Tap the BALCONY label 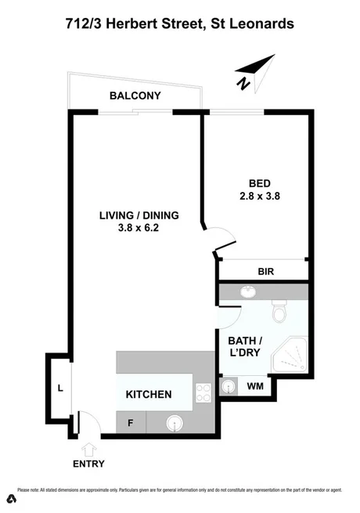(x=135, y=96)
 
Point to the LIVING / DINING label (x=139, y=215)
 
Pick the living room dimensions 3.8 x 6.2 (x=139, y=229)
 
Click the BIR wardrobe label (x=265, y=273)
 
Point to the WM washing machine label (x=254, y=386)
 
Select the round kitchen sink (x=173, y=423)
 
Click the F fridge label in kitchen (x=130, y=424)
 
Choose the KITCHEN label (x=149, y=395)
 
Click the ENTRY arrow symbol (x=88, y=449)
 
